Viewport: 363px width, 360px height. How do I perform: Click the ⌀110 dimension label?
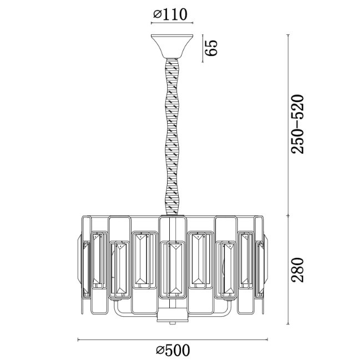170,14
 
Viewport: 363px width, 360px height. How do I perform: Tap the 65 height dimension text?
211,48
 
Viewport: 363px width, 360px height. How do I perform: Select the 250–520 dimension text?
298,124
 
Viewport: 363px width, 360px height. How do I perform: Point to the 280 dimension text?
298,270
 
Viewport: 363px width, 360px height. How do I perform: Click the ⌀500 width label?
173,350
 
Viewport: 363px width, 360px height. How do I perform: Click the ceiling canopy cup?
172,46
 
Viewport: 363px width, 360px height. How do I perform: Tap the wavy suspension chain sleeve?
173,136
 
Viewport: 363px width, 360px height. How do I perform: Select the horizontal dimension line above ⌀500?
173,339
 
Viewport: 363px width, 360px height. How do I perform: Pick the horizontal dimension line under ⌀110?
172,23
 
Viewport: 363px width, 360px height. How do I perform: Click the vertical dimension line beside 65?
203,48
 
